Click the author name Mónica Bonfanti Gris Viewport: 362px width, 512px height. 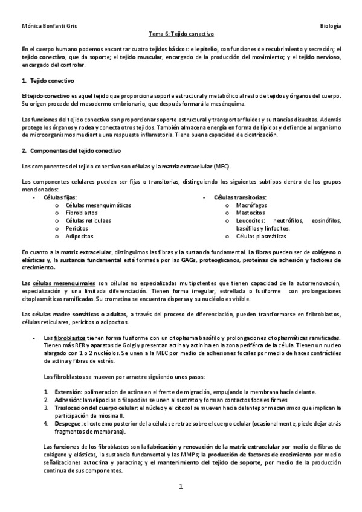[44, 27]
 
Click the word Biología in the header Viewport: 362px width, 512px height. [331, 27]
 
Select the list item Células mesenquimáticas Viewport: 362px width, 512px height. [98, 205]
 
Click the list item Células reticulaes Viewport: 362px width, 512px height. [88, 221]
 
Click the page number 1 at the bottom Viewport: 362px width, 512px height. [181, 487]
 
